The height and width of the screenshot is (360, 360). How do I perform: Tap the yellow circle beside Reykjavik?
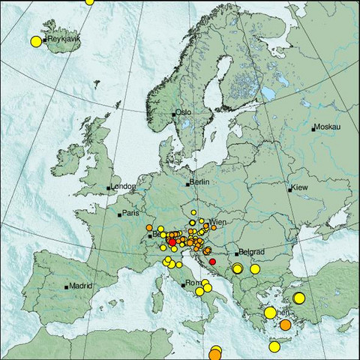pyautogui.click(x=35, y=41)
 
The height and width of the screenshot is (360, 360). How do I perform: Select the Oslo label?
pyautogui.click(x=184, y=112)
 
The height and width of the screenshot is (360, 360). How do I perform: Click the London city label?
pyautogui.click(x=123, y=186)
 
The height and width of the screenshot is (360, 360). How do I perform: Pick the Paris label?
pyautogui.click(x=131, y=214)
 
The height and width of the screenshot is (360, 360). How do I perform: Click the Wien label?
pyautogui.click(x=218, y=223)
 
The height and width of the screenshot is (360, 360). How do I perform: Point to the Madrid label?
pyautogui.click(x=81, y=286)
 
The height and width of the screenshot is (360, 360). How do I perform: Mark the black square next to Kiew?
pyautogui.click(x=289, y=190)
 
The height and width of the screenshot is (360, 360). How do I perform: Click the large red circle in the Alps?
pyautogui.click(x=172, y=242)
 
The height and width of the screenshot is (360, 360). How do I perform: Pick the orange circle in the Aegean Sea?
pyautogui.click(x=286, y=325)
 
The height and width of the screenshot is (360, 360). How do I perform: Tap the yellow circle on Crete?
pyautogui.click(x=274, y=346)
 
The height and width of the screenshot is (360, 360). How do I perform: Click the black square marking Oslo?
pyautogui.click(x=174, y=114)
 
